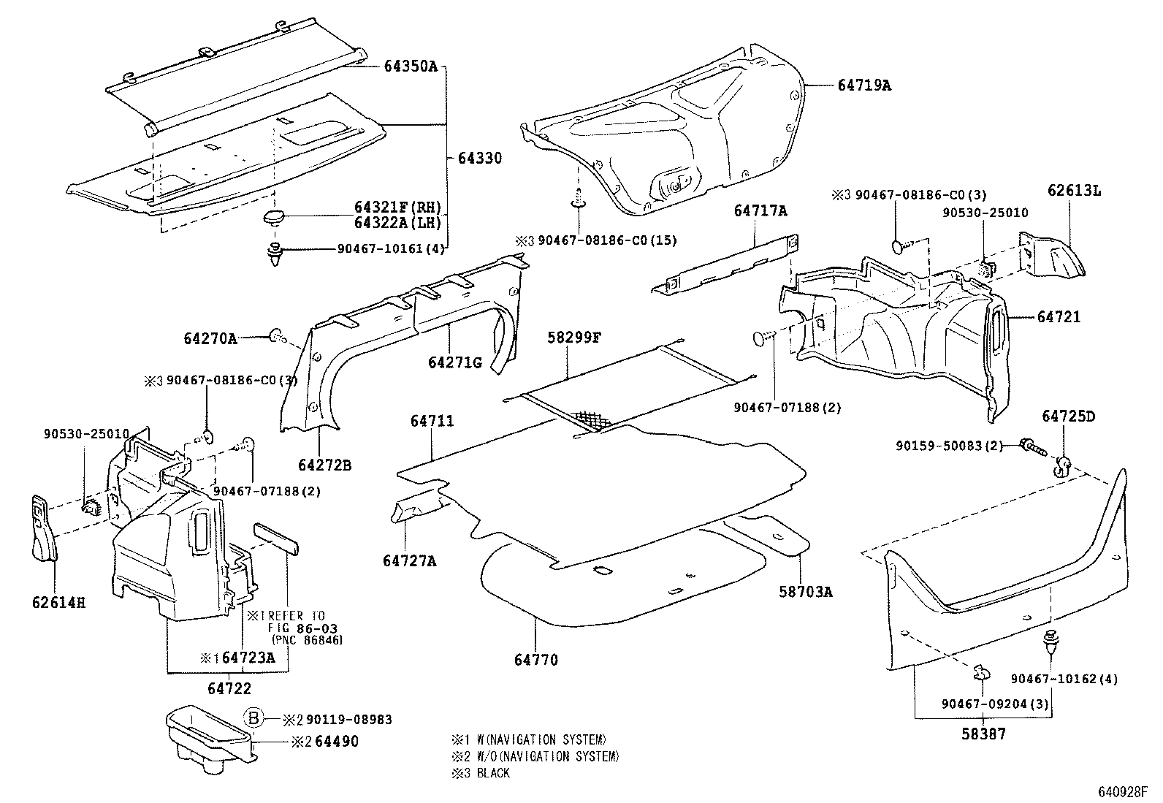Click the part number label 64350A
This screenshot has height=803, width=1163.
pos(411,66)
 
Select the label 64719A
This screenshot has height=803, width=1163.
pos(864,85)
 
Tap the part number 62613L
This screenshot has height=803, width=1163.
pos(1073,191)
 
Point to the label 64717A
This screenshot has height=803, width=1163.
pos(760,211)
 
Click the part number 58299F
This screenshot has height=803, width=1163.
pos(574,338)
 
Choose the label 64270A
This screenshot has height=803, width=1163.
pos(210,339)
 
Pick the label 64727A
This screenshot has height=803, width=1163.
pos(409,560)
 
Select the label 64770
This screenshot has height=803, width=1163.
pos(535,660)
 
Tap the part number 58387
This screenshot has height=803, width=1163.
pos(983,734)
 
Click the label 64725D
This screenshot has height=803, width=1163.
pos(1068,416)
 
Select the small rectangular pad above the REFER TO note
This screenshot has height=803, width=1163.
pos(276,538)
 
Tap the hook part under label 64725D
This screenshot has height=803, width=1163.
pos(1063,465)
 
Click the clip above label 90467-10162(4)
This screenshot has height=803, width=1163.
pos(1051,641)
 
